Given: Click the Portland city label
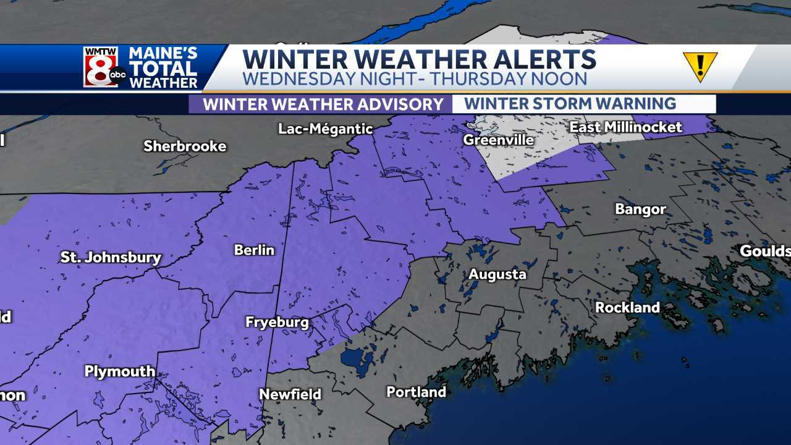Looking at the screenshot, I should point(416,392).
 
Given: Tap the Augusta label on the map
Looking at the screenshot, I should point(497,274).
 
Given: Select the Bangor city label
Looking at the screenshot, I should point(640,210).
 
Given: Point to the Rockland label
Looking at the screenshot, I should point(627,307).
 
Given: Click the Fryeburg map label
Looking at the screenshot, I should point(277,322).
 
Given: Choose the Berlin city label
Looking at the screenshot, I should point(254,250).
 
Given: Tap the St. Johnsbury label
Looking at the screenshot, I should point(111,258).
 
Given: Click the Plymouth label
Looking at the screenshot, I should point(120,371).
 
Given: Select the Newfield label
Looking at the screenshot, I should point(290,394).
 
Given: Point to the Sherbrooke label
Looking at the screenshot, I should point(185,146).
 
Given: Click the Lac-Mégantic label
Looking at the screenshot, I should point(326,129).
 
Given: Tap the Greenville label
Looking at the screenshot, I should point(498,140).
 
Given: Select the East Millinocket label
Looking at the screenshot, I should point(625,127).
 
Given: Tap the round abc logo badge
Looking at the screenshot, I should point(118,76).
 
